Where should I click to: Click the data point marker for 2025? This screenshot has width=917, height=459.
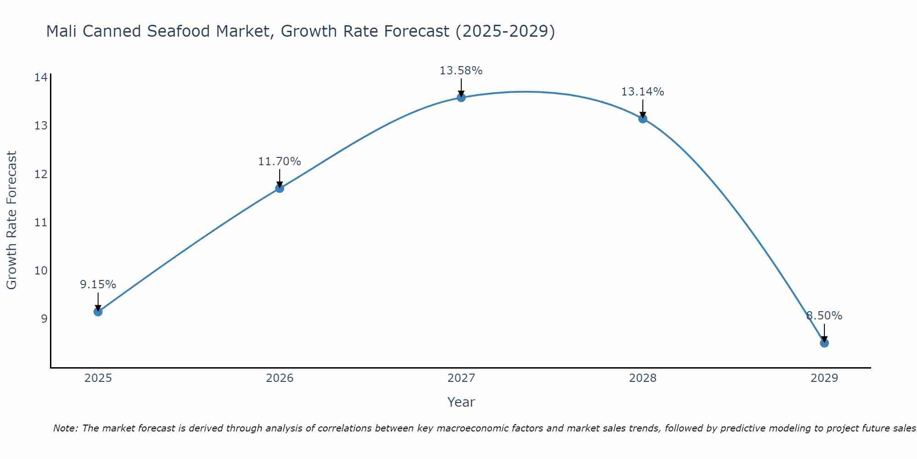tap(98, 312)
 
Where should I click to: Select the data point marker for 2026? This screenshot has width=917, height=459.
tap(279, 188)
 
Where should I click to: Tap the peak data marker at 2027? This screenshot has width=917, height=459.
tap(461, 97)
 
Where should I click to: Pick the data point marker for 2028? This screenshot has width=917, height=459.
tap(642, 118)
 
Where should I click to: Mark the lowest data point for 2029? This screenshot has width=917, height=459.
tap(824, 343)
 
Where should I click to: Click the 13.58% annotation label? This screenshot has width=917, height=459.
tap(461, 71)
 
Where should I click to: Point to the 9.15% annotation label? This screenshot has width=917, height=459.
tap(98, 285)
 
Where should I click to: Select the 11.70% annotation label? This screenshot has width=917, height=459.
tap(279, 162)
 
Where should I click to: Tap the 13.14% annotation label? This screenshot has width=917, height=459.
tap(642, 92)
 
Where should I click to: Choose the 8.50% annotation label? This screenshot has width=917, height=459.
tap(824, 316)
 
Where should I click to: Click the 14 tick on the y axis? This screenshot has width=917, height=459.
tap(41, 77)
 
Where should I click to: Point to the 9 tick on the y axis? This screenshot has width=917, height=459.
tap(44, 319)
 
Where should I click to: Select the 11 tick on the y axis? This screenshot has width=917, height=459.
tap(41, 222)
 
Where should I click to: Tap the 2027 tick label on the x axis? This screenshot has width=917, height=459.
tap(461, 378)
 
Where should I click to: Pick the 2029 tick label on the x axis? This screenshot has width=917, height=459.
tap(824, 378)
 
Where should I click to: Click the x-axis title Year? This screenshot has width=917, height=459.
tap(461, 402)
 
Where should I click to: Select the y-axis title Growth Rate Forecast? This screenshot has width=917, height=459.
tap(12, 220)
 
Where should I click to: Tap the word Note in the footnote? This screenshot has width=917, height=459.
tap(65, 428)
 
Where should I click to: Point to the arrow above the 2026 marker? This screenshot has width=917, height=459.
tap(279, 178)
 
